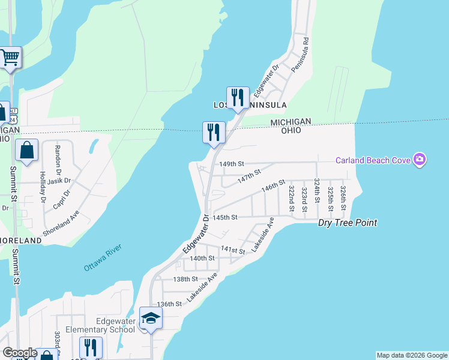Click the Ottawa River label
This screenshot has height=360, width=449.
point(103,257)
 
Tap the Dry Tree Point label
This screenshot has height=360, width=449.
point(348,223)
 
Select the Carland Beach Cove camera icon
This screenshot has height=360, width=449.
point(420,160)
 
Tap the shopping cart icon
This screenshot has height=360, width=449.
point(10,58)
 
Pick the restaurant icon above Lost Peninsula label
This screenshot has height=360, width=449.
point(238,97)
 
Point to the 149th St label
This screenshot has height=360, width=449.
point(232,164)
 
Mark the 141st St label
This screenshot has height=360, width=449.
point(233,250)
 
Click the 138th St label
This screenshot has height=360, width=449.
point(185,279)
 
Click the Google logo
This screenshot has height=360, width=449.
point(19,353)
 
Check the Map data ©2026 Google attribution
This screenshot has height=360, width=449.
point(411,355)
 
